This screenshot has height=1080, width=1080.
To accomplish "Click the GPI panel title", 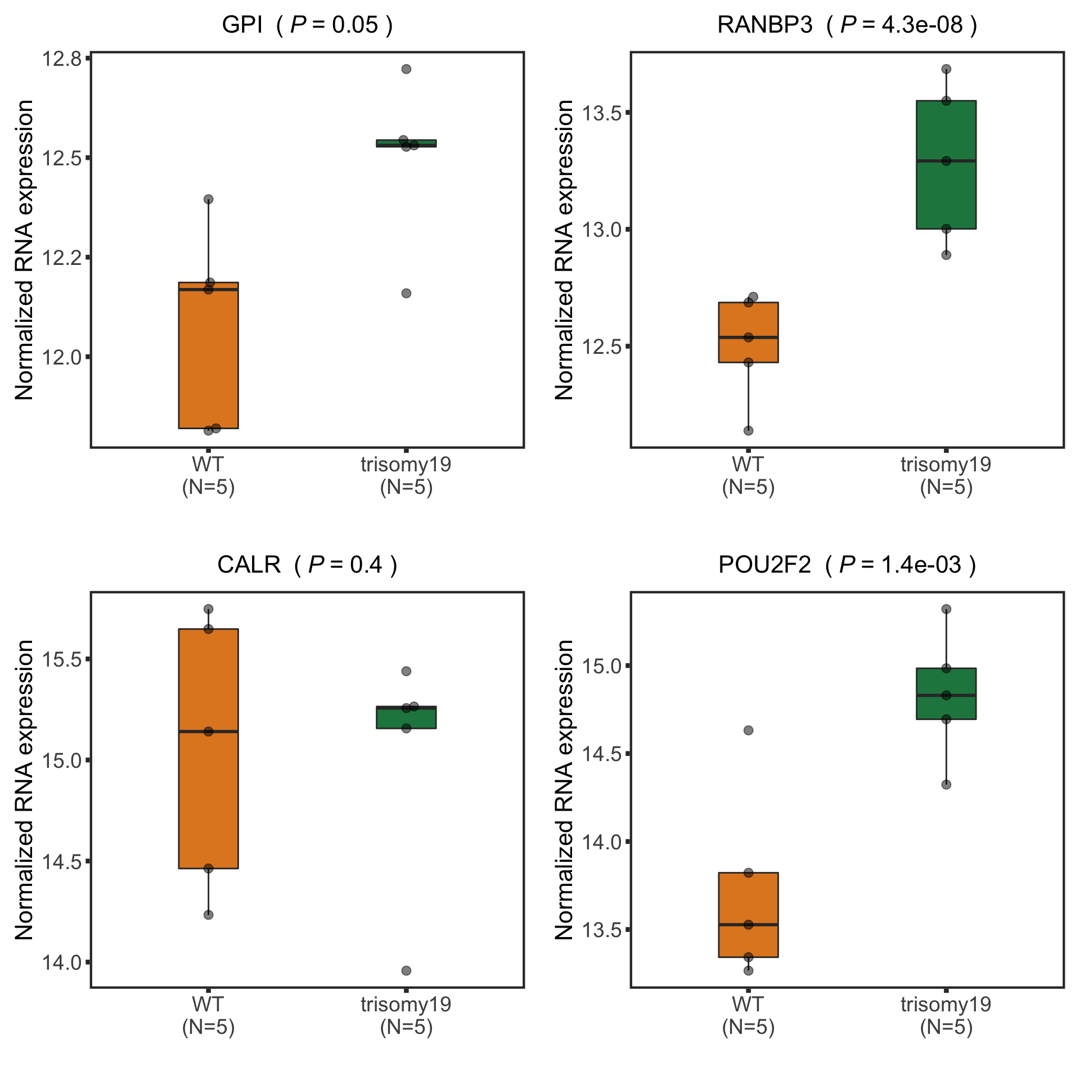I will (307, 25).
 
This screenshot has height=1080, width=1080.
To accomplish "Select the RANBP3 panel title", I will (847, 25).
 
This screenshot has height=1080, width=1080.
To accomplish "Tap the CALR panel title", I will (307, 565).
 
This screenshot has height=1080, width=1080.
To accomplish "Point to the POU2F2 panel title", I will (847, 565).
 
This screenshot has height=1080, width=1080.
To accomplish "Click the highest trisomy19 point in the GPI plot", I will (406, 69).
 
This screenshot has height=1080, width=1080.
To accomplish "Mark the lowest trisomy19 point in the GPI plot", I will (406, 293).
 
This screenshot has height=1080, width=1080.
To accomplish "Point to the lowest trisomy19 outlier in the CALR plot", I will (406, 970).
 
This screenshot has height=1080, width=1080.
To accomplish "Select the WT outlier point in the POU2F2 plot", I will (749, 730).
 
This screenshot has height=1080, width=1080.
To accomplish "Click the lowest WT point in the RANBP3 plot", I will (749, 430).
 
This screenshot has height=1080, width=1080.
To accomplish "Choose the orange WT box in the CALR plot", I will (208, 787).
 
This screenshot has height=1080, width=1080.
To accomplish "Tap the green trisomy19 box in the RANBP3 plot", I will (946, 191).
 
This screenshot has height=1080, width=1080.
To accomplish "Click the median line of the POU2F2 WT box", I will (749, 924).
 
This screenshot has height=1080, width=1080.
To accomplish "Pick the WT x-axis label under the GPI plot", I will (208, 476).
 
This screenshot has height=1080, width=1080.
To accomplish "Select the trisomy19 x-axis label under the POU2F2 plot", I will (946, 1015).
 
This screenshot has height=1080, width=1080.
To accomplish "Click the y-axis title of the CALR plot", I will (25, 790).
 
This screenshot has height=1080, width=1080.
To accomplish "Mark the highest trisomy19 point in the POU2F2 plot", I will (946, 609).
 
